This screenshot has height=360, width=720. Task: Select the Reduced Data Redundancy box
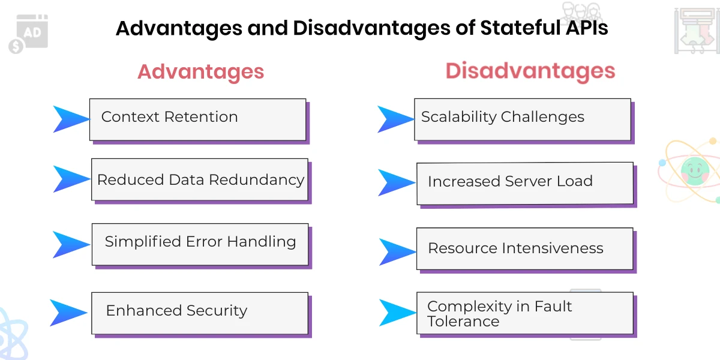pos(200,179)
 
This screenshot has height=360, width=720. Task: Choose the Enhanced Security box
pos(200,313)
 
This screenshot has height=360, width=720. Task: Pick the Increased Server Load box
pos(524,182)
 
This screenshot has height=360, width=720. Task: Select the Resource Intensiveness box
pos(524,248)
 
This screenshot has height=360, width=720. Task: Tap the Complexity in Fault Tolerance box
pos(524,313)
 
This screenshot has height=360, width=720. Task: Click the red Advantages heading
pos(200,71)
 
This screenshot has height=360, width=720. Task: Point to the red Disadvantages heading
pos(530,71)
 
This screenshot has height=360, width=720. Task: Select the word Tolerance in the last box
pos(463,322)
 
